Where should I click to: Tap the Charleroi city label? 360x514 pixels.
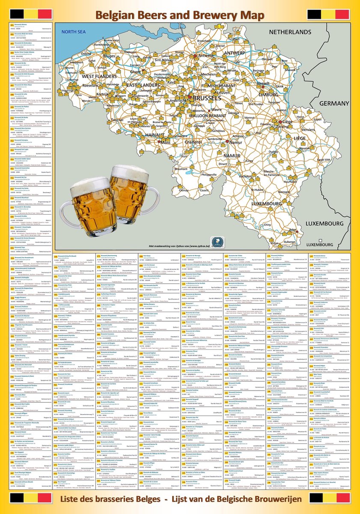point(193,141)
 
